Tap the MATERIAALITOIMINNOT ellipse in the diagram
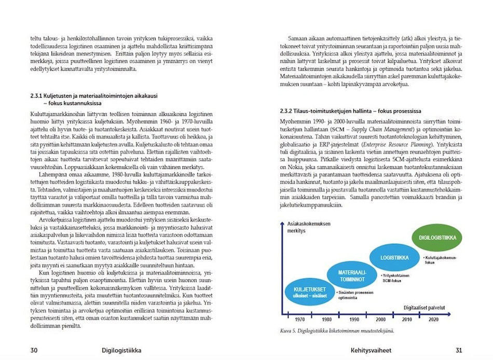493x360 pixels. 352,276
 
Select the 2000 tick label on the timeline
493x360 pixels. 381,320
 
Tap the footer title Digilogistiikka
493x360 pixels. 123,350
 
